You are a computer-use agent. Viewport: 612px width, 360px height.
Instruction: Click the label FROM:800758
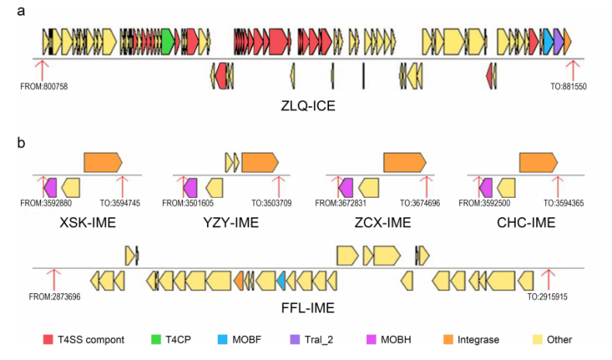point(44,86)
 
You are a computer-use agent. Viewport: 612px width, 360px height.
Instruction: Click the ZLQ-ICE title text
point(309,105)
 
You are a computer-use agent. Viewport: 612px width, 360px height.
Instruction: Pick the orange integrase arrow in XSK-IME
point(102,161)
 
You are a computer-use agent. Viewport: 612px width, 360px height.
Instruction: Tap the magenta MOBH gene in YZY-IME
point(189,187)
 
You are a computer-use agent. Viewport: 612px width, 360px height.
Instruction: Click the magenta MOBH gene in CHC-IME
point(486,187)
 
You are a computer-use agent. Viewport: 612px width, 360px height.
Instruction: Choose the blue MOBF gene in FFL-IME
point(281,279)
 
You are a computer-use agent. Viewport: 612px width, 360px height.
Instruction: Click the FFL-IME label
point(308,308)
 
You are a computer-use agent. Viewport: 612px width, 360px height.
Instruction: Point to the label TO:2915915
point(548,297)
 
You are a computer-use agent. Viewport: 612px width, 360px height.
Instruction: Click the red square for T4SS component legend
point(47,339)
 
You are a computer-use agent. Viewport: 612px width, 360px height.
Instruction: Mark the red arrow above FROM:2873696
point(53,278)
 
